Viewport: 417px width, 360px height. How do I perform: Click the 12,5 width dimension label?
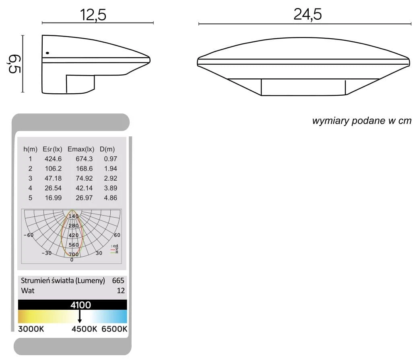point(93,15)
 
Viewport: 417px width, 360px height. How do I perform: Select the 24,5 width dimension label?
point(308,14)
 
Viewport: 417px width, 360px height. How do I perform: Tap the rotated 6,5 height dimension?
point(14,64)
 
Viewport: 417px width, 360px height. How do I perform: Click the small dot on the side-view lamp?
point(47,53)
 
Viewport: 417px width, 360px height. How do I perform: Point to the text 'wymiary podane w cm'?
point(362,121)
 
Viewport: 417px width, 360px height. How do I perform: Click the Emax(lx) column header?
point(81,149)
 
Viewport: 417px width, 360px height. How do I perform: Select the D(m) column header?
point(107,149)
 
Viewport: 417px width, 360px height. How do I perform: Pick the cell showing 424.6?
point(53,159)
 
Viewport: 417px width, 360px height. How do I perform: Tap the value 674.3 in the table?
point(84,159)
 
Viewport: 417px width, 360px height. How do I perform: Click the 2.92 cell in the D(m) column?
point(110,178)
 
